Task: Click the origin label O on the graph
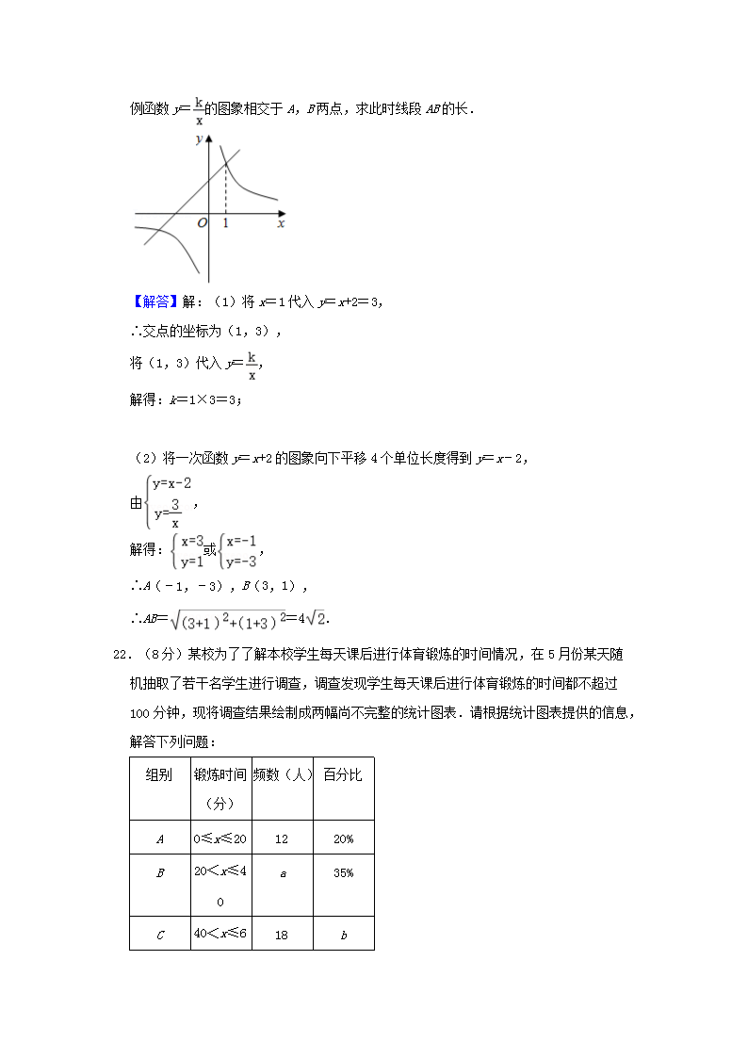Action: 202,223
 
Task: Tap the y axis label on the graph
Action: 199,139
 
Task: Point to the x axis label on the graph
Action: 281,224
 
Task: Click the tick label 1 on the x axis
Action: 226,223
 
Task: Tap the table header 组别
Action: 159,774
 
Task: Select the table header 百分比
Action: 343,774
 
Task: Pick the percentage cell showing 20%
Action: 343,838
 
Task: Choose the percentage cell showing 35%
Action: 343,873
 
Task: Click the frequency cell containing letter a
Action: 283,873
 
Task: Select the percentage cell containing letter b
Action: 343,934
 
